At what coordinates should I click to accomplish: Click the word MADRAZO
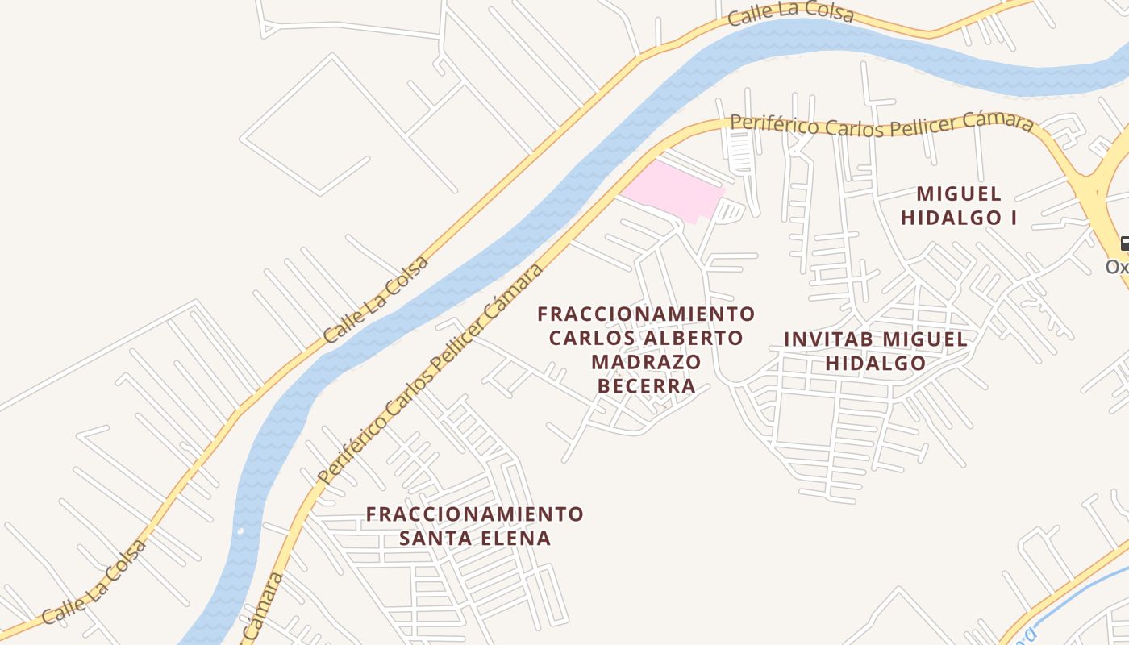coord(646,362)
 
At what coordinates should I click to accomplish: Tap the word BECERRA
coord(646,386)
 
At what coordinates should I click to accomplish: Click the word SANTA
coord(435,538)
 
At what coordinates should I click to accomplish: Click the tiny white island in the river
coord(240,531)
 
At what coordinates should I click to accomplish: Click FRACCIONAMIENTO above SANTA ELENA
coord(474,514)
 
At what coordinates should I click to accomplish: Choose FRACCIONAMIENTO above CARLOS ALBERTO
coord(646,313)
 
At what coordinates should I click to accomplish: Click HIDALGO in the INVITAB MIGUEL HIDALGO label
coord(875,364)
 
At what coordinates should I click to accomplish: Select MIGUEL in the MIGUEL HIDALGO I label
coord(959,194)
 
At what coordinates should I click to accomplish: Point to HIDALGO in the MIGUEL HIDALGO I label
coord(949,218)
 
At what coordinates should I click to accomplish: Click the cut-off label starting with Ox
coord(1118,266)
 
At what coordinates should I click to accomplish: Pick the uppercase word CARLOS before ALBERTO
coord(588,338)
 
